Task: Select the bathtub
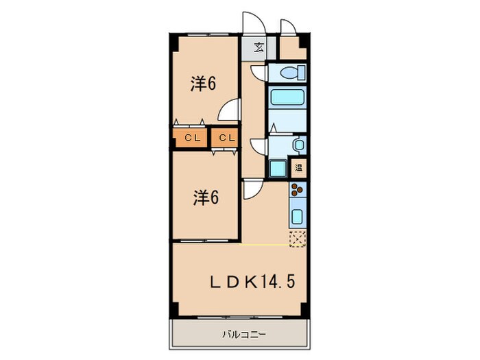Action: coord(287,97)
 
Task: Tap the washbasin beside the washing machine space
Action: coord(298,144)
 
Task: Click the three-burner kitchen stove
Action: coord(298,191)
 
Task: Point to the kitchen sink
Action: coord(298,217)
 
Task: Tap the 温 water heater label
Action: coord(299,167)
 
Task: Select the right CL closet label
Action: coord(227,139)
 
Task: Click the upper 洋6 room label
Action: coord(204,84)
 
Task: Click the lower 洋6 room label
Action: coord(204,198)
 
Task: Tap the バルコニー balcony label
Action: coord(239,335)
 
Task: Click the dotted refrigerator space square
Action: coord(298,238)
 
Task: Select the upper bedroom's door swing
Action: coord(232,110)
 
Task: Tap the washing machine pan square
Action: coord(278,168)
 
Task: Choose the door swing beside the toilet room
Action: coord(258,73)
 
